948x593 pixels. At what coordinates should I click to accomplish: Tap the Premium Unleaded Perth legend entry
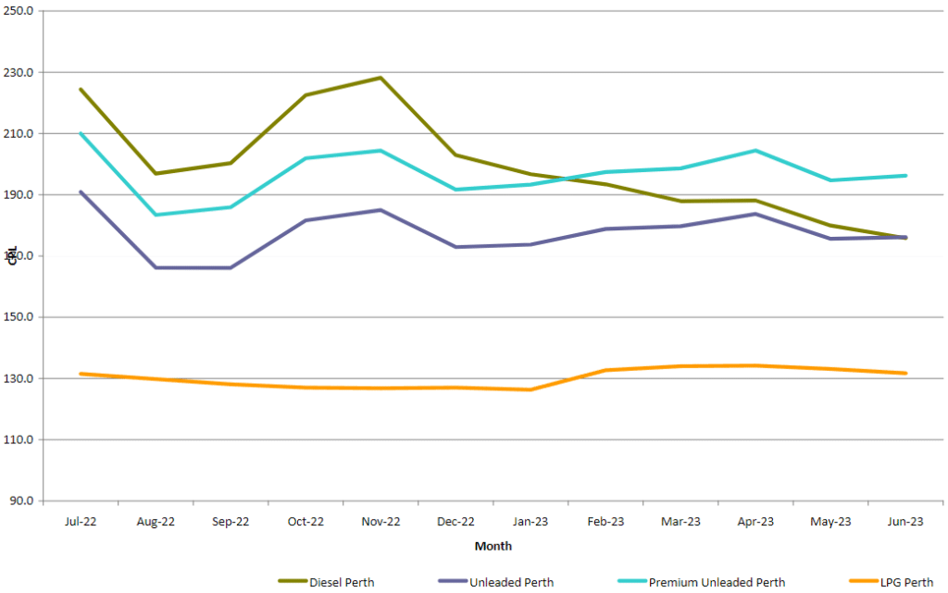click(717, 582)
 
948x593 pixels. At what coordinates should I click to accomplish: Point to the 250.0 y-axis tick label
click(20, 11)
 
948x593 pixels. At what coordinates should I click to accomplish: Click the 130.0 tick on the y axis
click(20, 378)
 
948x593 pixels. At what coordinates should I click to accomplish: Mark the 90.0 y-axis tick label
click(22, 500)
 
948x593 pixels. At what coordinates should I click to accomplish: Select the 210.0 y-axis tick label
click(20, 133)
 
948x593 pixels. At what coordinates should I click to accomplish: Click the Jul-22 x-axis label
click(81, 522)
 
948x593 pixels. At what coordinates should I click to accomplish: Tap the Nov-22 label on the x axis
click(380, 522)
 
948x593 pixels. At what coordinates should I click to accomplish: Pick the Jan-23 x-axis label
click(530, 522)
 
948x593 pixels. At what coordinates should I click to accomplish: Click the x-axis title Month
click(493, 547)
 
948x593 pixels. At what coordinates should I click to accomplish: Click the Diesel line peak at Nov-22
click(380, 78)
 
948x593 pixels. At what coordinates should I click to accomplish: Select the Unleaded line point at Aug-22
click(156, 267)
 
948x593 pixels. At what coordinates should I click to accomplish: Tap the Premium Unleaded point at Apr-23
click(755, 150)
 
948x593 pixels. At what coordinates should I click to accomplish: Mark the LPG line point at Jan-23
click(530, 389)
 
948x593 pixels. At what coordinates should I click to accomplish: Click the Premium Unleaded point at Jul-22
click(81, 133)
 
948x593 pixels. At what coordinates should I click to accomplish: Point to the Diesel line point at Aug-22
click(156, 173)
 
